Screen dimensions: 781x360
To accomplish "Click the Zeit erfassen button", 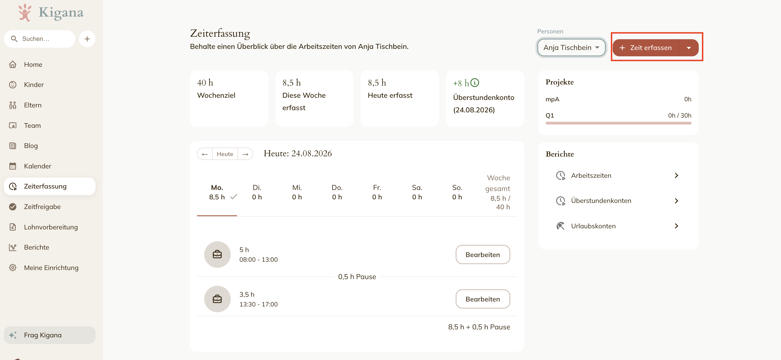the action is pyautogui.click(x=645, y=47).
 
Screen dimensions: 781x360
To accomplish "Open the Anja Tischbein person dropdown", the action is pyautogui.click(x=571, y=47).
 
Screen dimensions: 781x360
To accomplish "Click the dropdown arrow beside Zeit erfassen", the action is pyautogui.click(x=689, y=47).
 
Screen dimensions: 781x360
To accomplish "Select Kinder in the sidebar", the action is pyautogui.click(x=34, y=85).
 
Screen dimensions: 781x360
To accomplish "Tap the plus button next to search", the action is pyautogui.click(x=87, y=39).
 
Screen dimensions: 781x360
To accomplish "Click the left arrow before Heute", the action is pyautogui.click(x=205, y=154).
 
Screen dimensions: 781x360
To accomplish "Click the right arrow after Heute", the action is pyautogui.click(x=245, y=154).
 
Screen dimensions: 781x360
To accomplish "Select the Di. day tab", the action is pyautogui.click(x=257, y=192).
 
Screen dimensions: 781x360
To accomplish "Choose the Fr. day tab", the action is pyautogui.click(x=377, y=192).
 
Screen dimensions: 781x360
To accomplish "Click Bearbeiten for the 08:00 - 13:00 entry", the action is pyautogui.click(x=483, y=255).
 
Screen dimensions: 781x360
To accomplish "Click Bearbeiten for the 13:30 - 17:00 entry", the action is pyautogui.click(x=483, y=299).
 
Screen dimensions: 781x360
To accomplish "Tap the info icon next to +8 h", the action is pyautogui.click(x=475, y=83).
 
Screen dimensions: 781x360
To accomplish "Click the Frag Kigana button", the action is pyautogui.click(x=50, y=335).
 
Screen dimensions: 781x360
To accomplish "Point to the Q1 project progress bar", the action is pyautogui.click(x=618, y=123).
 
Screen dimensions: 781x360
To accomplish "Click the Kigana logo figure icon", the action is pyautogui.click(x=25, y=12).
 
